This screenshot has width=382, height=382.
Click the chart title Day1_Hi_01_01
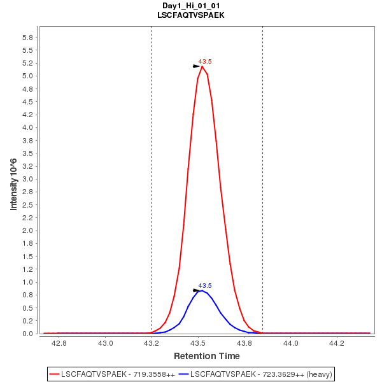point(190,5)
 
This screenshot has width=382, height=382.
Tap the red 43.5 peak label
point(205,62)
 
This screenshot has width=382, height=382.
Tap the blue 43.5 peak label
point(205,286)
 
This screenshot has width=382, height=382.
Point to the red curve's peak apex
point(202,66)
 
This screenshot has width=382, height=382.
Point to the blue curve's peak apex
point(201,290)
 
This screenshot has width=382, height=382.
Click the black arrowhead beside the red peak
point(197,66)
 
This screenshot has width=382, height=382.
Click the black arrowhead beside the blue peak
point(197,290)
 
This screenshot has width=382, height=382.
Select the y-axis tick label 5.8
point(27,38)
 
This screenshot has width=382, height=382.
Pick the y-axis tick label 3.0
point(27,180)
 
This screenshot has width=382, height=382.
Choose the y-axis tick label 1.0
point(27,283)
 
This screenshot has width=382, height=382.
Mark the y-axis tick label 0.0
point(27,334)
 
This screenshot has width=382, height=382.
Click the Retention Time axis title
point(207,356)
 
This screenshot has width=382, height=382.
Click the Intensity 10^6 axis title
point(14,185)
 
